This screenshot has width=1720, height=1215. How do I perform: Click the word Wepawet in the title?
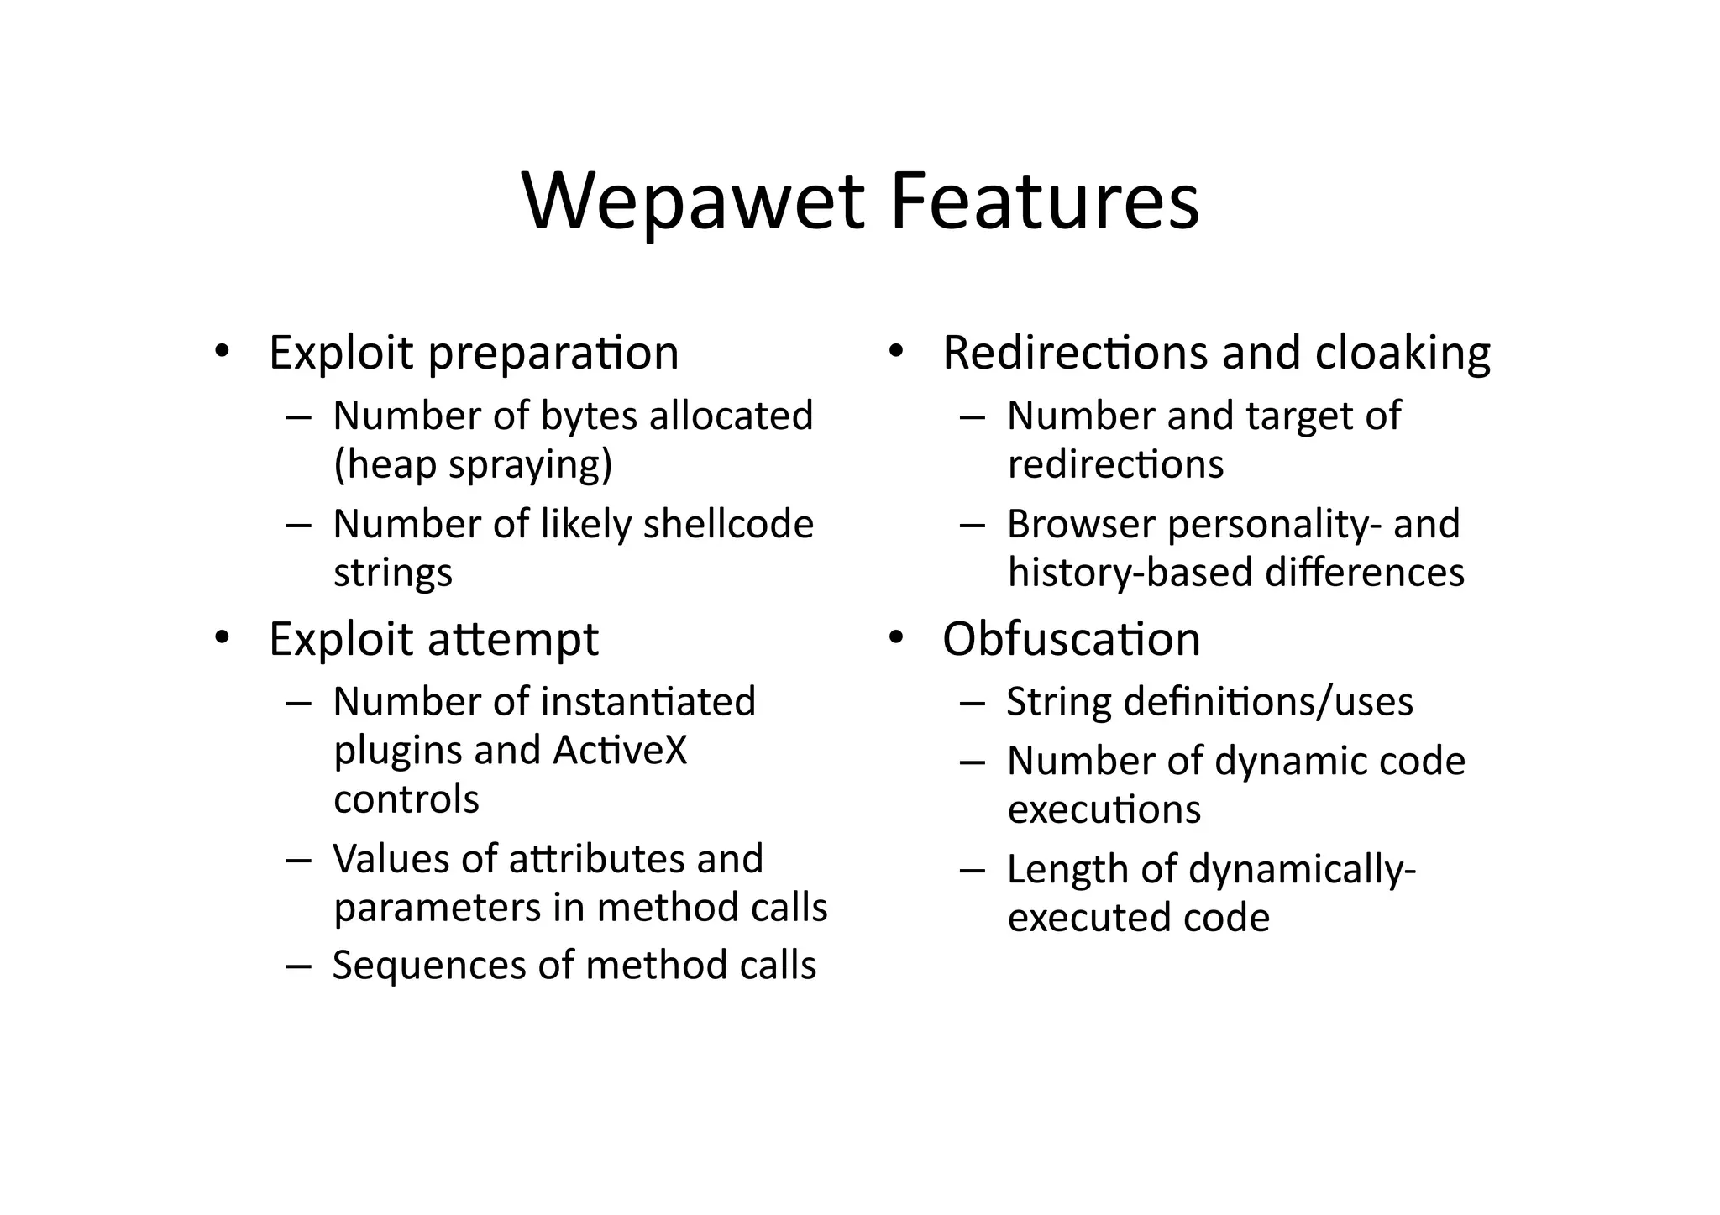(x=693, y=202)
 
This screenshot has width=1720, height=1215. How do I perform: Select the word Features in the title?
(x=1044, y=202)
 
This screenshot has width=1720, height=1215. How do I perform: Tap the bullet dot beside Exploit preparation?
(x=221, y=351)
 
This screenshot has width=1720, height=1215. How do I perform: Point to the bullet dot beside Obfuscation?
(x=895, y=637)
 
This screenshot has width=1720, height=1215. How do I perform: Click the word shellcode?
(x=728, y=525)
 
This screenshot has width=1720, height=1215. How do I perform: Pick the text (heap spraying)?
(x=473, y=464)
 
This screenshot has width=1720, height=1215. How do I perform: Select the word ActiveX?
(x=620, y=750)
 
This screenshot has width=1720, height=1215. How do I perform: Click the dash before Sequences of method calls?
(x=298, y=966)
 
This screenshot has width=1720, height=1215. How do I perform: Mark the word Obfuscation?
(x=1071, y=639)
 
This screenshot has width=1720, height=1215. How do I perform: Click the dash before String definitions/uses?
(x=972, y=703)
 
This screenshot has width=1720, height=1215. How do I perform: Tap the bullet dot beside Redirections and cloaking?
(x=895, y=351)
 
